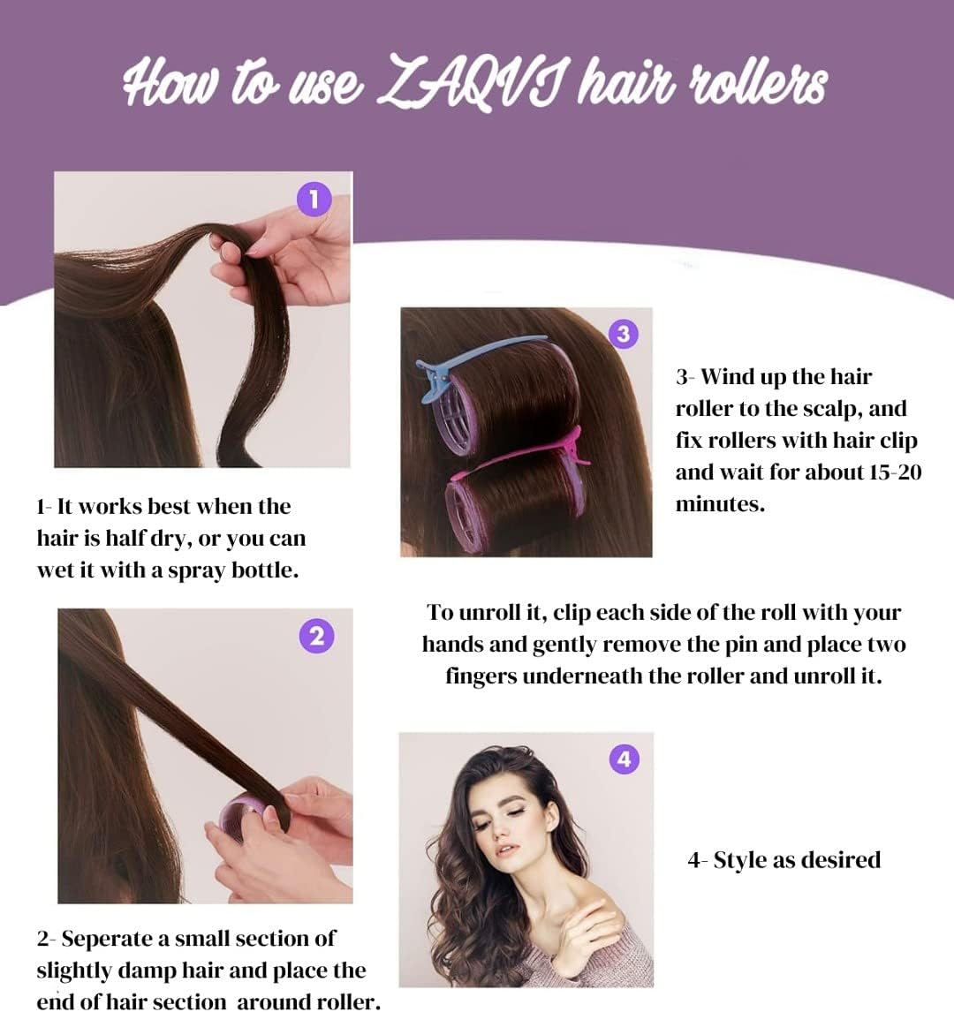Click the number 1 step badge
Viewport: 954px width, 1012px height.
click(x=314, y=200)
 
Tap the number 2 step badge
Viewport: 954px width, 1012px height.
click(x=317, y=636)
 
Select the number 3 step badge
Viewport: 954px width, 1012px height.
click(x=623, y=335)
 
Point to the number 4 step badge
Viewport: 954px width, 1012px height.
click(x=625, y=759)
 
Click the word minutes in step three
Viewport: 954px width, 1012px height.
click(x=720, y=503)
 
